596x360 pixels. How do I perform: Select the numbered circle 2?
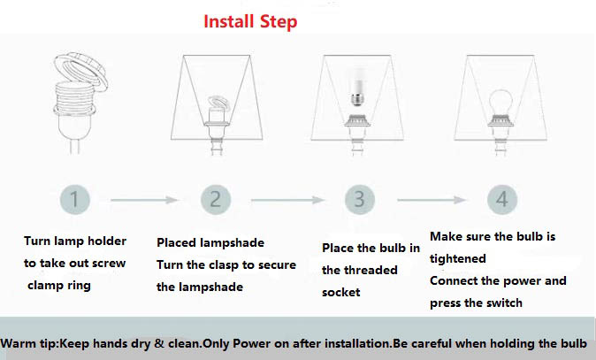point(216,200)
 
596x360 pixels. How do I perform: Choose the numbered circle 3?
point(358,200)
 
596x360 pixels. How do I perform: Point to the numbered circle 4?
point(501,200)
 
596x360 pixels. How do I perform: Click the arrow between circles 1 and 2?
point(145,201)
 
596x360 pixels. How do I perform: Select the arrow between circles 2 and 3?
point(287,201)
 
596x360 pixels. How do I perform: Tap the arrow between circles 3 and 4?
point(430,201)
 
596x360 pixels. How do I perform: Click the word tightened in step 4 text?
point(458,258)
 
